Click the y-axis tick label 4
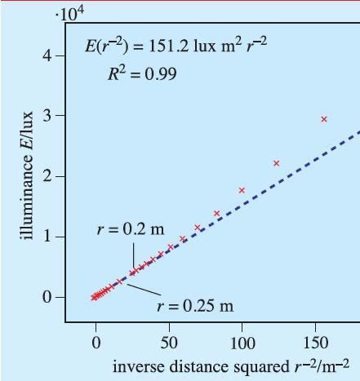(x=48, y=56)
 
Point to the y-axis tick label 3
(x=48, y=116)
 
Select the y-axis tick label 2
(x=48, y=176)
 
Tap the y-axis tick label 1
(x=48, y=237)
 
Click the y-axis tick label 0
(x=48, y=297)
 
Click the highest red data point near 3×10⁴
(x=324, y=119)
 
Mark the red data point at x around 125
(x=276, y=163)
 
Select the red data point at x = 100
(x=242, y=190)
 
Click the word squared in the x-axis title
(x=238, y=364)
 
